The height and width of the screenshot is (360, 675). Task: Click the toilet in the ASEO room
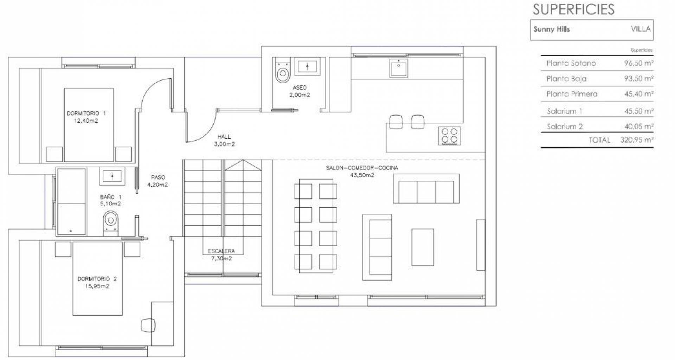282,70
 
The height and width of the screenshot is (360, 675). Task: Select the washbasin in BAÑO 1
112,176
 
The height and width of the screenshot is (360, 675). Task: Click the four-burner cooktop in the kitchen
449,136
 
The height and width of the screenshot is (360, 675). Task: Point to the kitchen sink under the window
398,68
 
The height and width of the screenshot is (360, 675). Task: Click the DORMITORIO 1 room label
86,113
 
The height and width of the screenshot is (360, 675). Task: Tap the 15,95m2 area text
97,286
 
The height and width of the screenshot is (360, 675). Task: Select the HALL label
224,137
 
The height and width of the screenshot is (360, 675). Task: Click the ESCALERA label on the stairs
221,251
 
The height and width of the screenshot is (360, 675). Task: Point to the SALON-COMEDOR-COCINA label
362,168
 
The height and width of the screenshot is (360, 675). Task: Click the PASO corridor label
158,177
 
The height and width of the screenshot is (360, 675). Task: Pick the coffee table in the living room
423,247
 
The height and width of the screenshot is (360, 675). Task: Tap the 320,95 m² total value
637,140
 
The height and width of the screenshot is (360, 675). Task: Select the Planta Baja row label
566,79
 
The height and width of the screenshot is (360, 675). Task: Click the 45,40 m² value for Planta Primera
639,94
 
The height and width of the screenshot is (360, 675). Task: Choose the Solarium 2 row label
565,127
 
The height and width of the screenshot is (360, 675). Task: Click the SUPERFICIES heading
573,9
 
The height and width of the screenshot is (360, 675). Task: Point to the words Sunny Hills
552,29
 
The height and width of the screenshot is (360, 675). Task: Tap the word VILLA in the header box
641,29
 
